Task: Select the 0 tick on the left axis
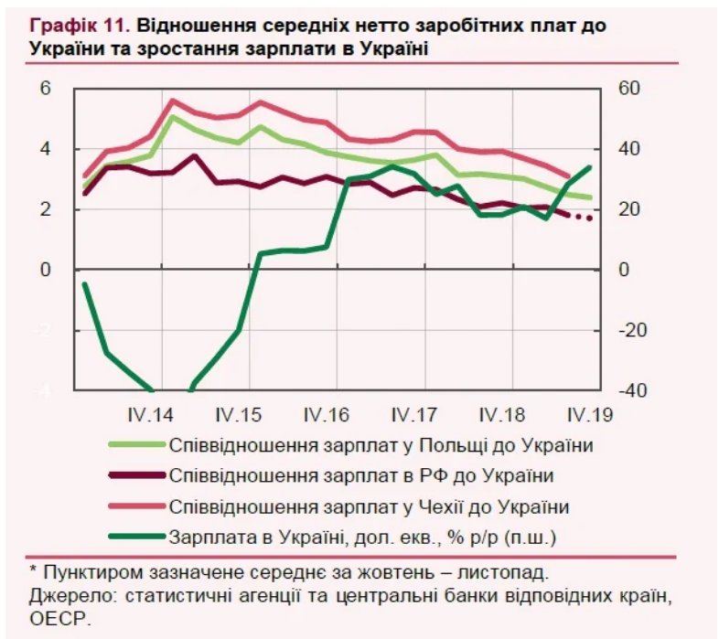click(x=43, y=271)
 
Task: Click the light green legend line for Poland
click(x=136, y=446)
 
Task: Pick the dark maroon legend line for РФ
click(x=136, y=476)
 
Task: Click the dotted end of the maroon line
click(x=582, y=217)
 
